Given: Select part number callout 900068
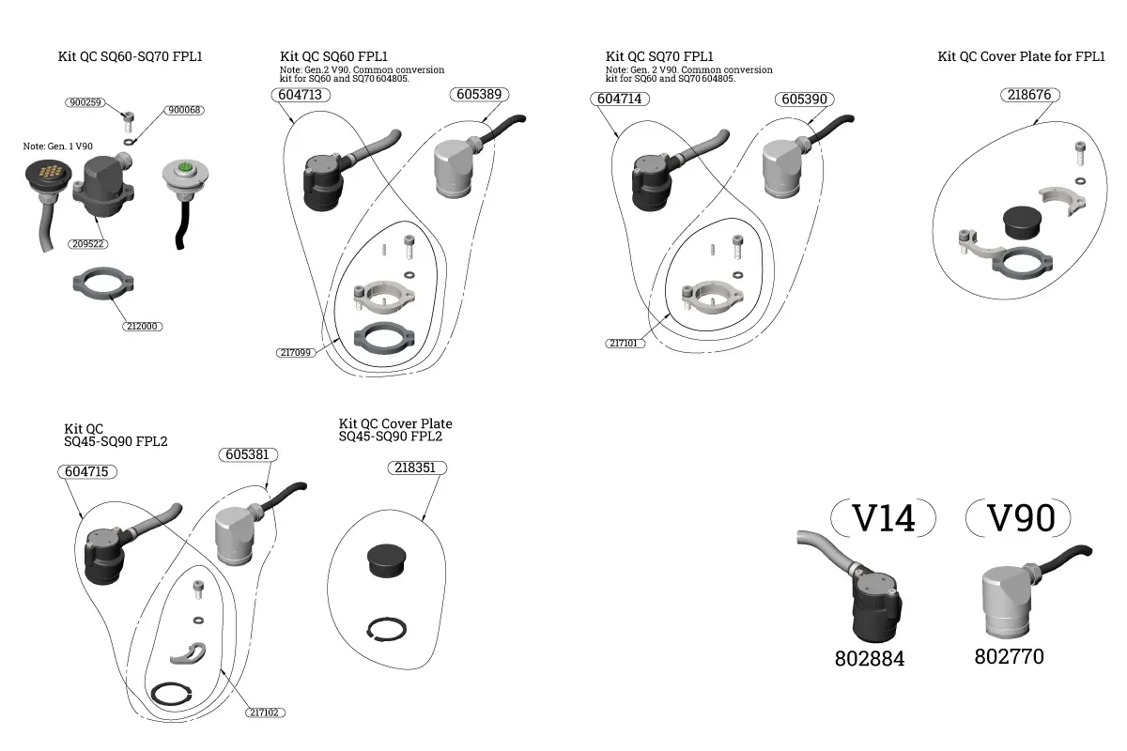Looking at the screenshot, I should click(x=185, y=110).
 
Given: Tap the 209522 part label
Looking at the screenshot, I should click(x=87, y=243).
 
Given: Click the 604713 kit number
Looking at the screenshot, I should click(x=301, y=95).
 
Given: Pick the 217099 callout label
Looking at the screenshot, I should click(x=297, y=353).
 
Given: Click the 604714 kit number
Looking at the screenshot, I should click(x=620, y=99).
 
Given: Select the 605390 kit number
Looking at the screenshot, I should click(x=804, y=99).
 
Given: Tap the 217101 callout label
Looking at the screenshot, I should click(x=625, y=344).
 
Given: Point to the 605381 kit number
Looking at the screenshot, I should click(x=249, y=454).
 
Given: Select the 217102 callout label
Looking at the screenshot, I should click(x=265, y=713).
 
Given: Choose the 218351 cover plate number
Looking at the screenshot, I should click(x=414, y=467).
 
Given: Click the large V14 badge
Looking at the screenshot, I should click(x=883, y=517).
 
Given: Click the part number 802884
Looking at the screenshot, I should click(x=870, y=659).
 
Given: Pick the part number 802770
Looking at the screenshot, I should click(x=1009, y=656).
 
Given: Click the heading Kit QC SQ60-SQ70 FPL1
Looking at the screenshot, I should click(x=131, y=56).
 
